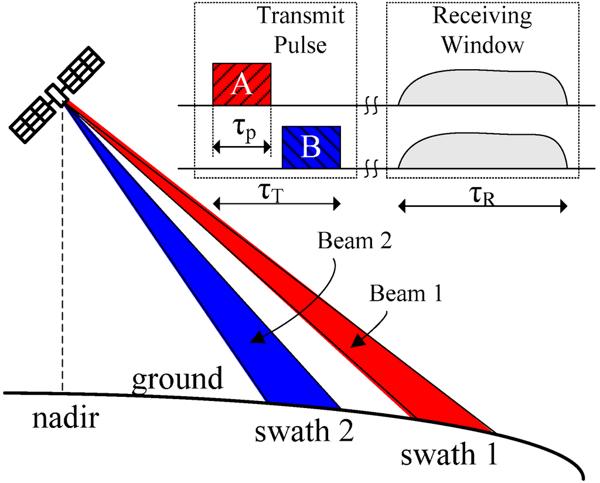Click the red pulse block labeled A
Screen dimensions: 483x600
pyautogui.click(x=241, y=84)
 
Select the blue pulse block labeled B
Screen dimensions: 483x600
pyautogui.click(x=311, y=147)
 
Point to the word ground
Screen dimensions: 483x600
pyautogui.click(x=177, y=379)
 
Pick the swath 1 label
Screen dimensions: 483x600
pyautogui.click(x=450, y=454)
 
